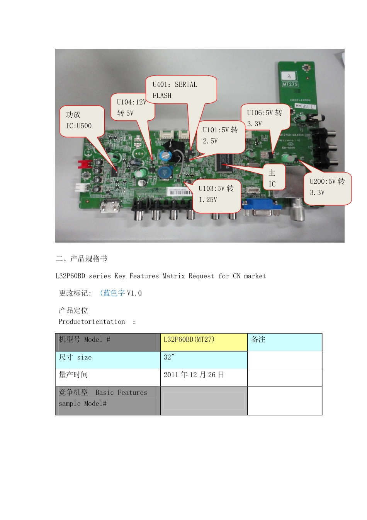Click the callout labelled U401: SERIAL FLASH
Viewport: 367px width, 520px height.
(x=181, y=90)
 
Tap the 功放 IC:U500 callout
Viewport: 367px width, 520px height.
(x=82, y=120)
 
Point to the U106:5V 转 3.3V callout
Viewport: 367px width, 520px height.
(x=265, y=118)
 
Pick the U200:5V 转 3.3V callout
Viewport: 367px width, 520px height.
(x=328, y=188)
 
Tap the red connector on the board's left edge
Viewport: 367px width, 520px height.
(x=85, y=164)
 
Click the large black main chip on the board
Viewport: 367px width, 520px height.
(x=224, y=162)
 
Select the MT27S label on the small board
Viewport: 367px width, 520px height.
(x=290, y=84)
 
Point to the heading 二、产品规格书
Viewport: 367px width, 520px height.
(x=82, y=258)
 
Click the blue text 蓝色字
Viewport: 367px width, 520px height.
(x=114, y=293)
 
